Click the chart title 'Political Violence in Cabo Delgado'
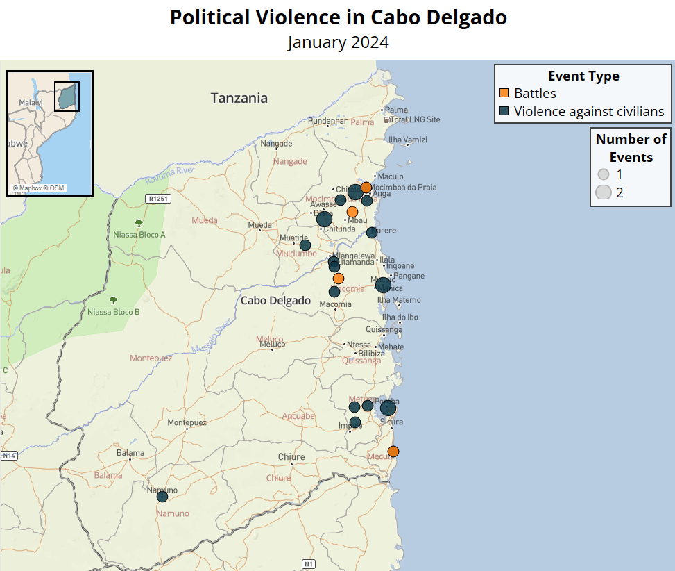click(338, 17)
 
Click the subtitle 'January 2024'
click(338, 42)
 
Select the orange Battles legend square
click(505, 93)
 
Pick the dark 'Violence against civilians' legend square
click(505, 111)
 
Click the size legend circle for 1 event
click(603, 175)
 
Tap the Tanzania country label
click(239, 99)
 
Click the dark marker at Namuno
click(162, 497)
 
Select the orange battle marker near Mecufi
click(393, 452)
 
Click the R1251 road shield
click(157, 199)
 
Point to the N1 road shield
click(309, 563)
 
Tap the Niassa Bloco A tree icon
click(139, 224)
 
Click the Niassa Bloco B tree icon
click(113, 301)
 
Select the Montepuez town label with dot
click(187, 423)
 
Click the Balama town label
click(130, 453)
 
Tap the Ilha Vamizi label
click(408, 140)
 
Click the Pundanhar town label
click(327, 121)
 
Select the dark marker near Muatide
click(305, 245)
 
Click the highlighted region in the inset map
click(67, 97)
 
